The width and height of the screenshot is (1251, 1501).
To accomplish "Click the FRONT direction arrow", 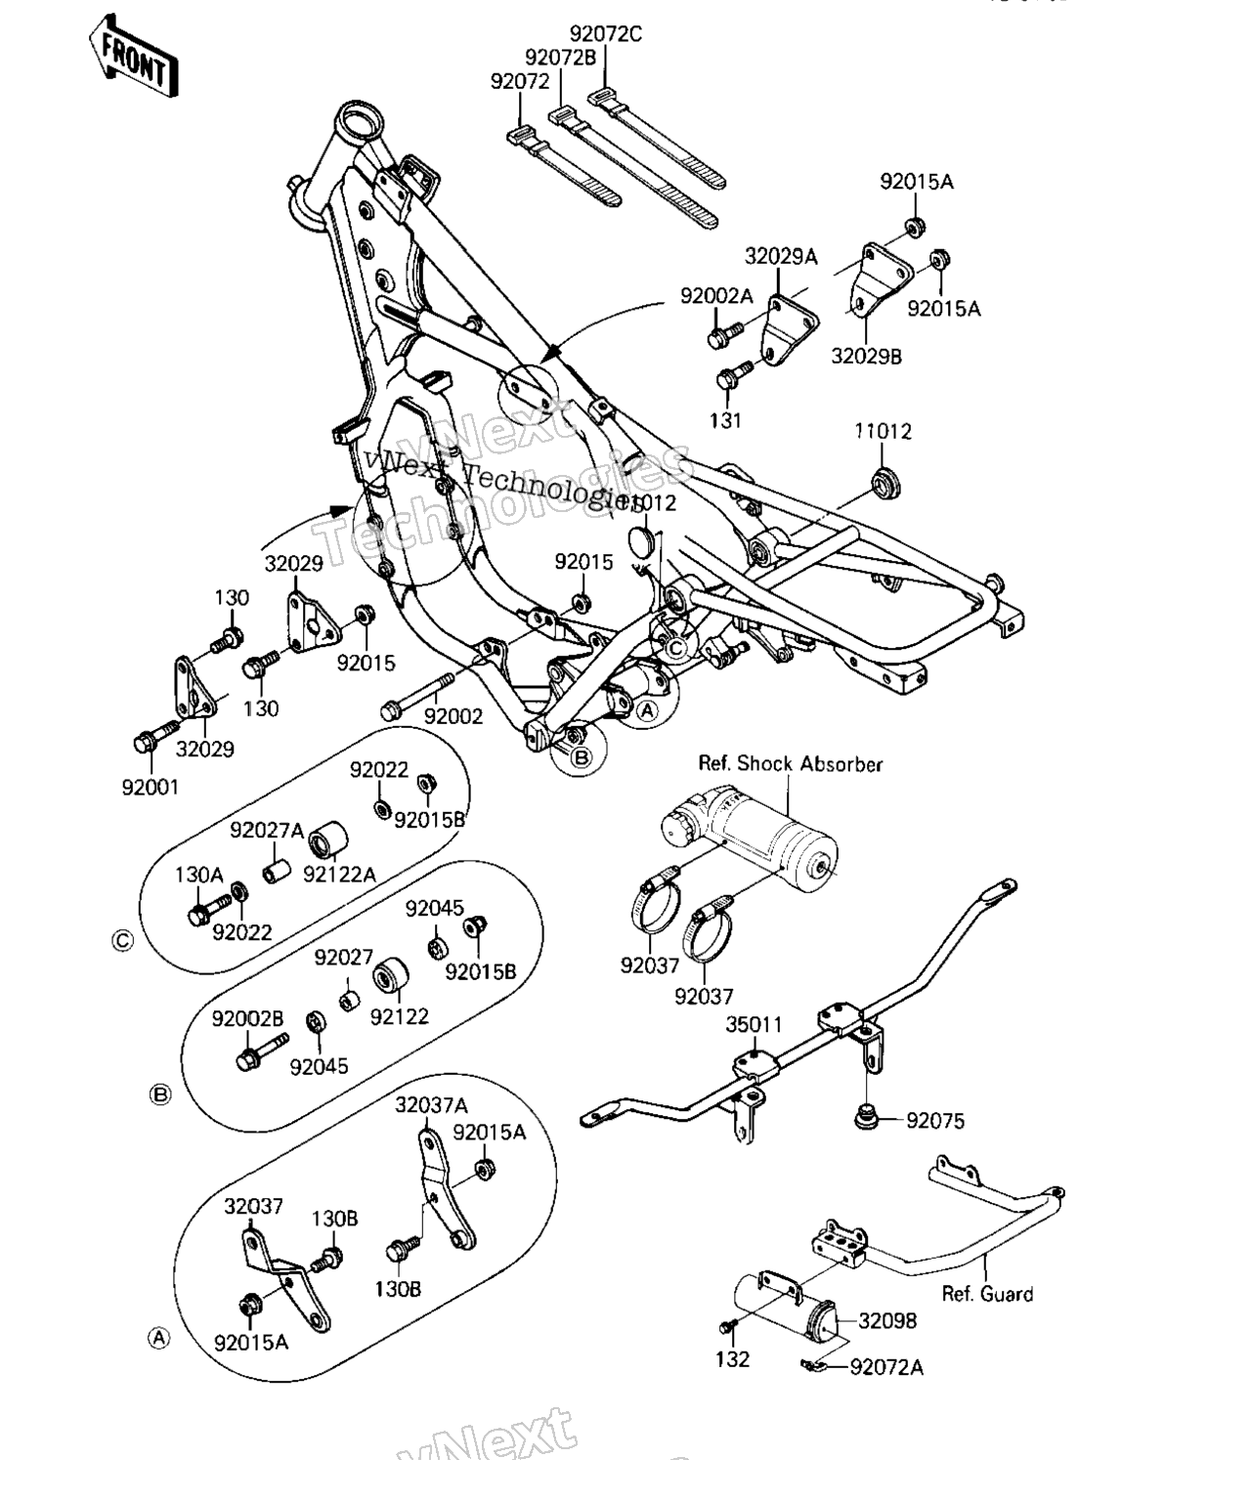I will point(134,56).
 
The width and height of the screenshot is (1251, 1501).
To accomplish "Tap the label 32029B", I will point(866,356).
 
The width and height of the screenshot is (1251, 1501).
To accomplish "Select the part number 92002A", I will point(717,296).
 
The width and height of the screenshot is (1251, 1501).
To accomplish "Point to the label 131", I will point(725,420).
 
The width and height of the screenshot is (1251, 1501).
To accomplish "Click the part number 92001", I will point(151,787).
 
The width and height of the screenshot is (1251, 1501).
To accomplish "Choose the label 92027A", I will point(267,831).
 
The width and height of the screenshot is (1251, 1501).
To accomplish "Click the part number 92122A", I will point(338,875).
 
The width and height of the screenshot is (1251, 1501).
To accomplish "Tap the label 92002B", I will point(247,1019).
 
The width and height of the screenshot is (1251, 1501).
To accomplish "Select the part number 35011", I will point(754,1025).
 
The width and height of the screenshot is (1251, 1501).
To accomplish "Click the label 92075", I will point(935,1121).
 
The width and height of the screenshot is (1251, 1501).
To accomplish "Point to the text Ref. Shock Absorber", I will point(790,763).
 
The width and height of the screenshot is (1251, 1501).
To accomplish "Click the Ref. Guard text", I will point(987,1294).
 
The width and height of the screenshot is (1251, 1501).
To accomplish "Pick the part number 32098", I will point(887,1321).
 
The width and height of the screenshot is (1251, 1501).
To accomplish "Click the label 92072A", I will point(886,1367).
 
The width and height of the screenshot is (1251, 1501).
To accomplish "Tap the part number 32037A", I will point(431,1105).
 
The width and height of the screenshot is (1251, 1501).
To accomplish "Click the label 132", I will point(732,1359).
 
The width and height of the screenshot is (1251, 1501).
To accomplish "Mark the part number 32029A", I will point(781,257).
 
